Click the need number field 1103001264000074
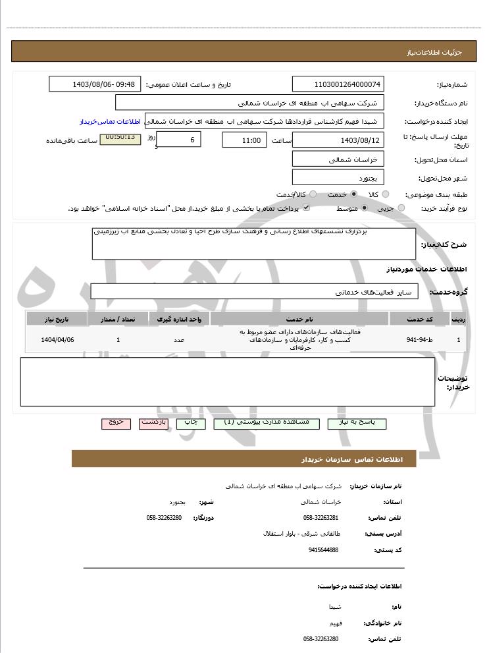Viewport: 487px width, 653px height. (x=338, y=84)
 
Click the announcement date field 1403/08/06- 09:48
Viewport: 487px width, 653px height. (x=95, y=84)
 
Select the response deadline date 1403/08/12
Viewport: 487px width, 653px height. (x=338, y=140)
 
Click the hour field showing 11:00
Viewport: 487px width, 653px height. (x=244, y=140)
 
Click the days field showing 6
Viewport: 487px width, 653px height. (x=179, y=140)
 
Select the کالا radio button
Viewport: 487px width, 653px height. (x=386, y=194)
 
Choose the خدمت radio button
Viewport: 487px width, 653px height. (x=354, y=194)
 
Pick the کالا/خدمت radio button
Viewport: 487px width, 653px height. (x=313, y=194)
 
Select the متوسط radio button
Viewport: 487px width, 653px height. (x=364, y=208)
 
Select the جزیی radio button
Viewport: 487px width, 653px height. (x=402, y=208)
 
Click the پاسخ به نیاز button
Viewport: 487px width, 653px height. (x=360, y=423)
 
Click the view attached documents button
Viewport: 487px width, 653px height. (x=266, y=423)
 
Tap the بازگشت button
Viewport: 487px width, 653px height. (x=153, y=423)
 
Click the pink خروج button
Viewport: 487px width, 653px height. (x=116, y=423)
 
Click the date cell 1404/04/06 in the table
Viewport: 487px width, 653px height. (x=57, y=340)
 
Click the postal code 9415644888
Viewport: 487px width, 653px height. (x=322, y=550)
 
